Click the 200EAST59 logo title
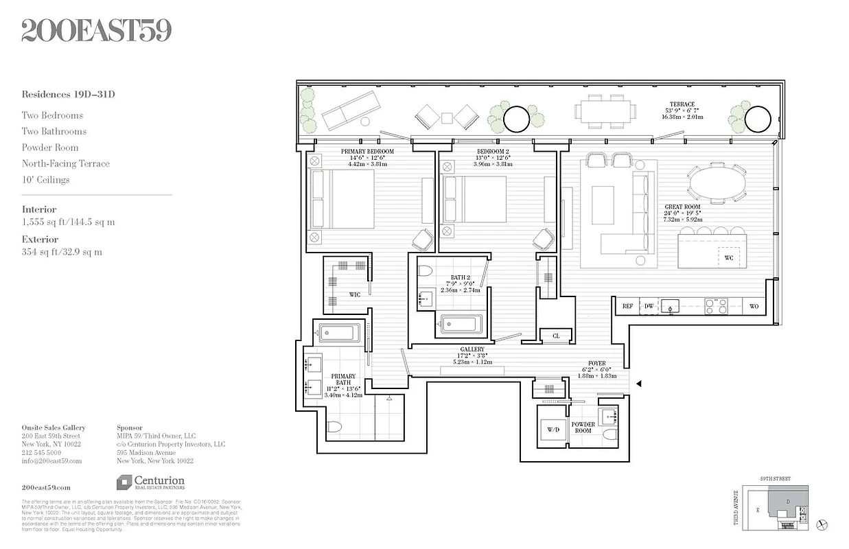[x=96, y=30]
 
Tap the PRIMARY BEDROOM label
[x=367, y=152]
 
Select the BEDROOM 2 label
[x=493, y=152]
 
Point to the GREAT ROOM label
[x=682, y=207]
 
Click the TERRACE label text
[x=682, y=104]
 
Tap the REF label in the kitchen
[x=627, y=307]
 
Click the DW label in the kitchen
[x=649, y=307]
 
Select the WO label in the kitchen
[x=754, y=307]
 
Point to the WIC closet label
[x=354, y=295]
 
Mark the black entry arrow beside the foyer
[x=639, y=384]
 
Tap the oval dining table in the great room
[x=715, y=183]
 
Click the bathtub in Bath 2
[x=462, y=324]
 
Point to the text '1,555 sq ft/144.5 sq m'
[x=69, y=222]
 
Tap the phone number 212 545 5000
[x=41, y=453]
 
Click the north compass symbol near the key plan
[x=823, y=525]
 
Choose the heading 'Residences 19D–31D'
[x=68, y=95]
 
